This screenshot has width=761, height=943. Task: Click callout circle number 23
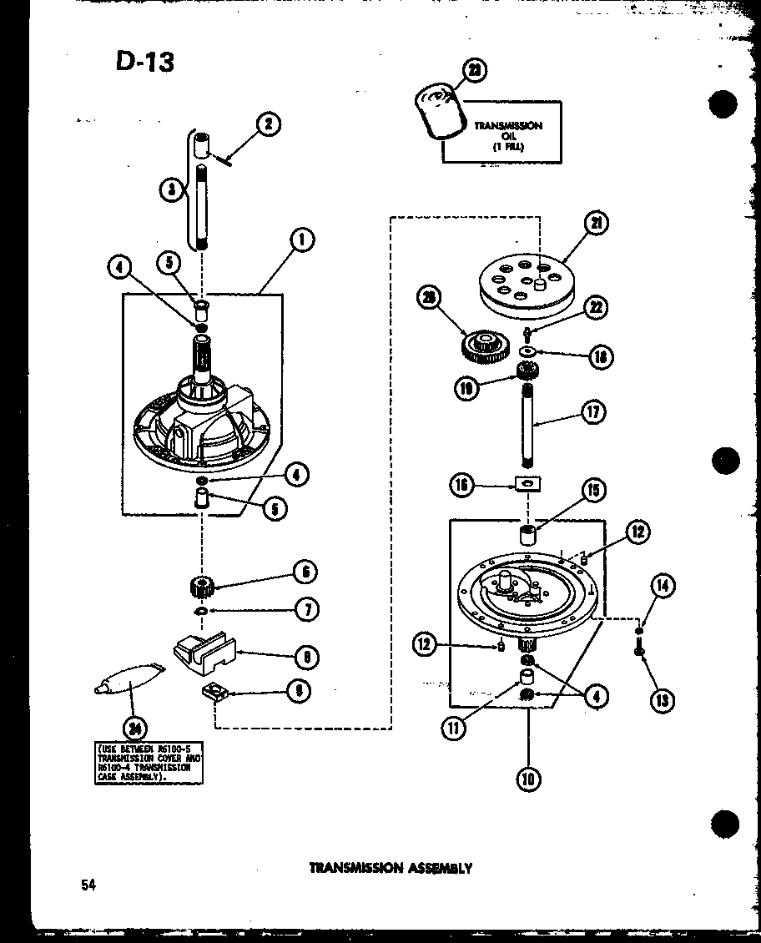click(x=475, y=73)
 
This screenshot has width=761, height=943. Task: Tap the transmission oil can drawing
click(x=437, y=113)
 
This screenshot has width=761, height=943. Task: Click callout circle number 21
click(x=596, y=223)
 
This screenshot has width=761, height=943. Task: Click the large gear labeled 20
click(x=482, y=345)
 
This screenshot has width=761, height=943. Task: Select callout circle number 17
click(x=593, y=411)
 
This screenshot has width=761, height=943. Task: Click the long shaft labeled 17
click(x=528, y=425)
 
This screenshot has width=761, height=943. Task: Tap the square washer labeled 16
click(x=526, y=482)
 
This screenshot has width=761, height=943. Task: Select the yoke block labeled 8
click(x=205, y=652)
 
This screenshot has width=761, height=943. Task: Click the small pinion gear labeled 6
click(x=203, y=585)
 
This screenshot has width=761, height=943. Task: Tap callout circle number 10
click(x=528, y=779)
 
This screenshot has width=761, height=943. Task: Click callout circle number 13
click(x=662, y=699)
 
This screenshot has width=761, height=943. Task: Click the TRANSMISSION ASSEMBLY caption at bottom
click(x=391, y=868)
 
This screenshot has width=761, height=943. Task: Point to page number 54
click(x=89, y=885)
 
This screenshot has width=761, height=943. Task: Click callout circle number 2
click(x=268, y=126)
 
